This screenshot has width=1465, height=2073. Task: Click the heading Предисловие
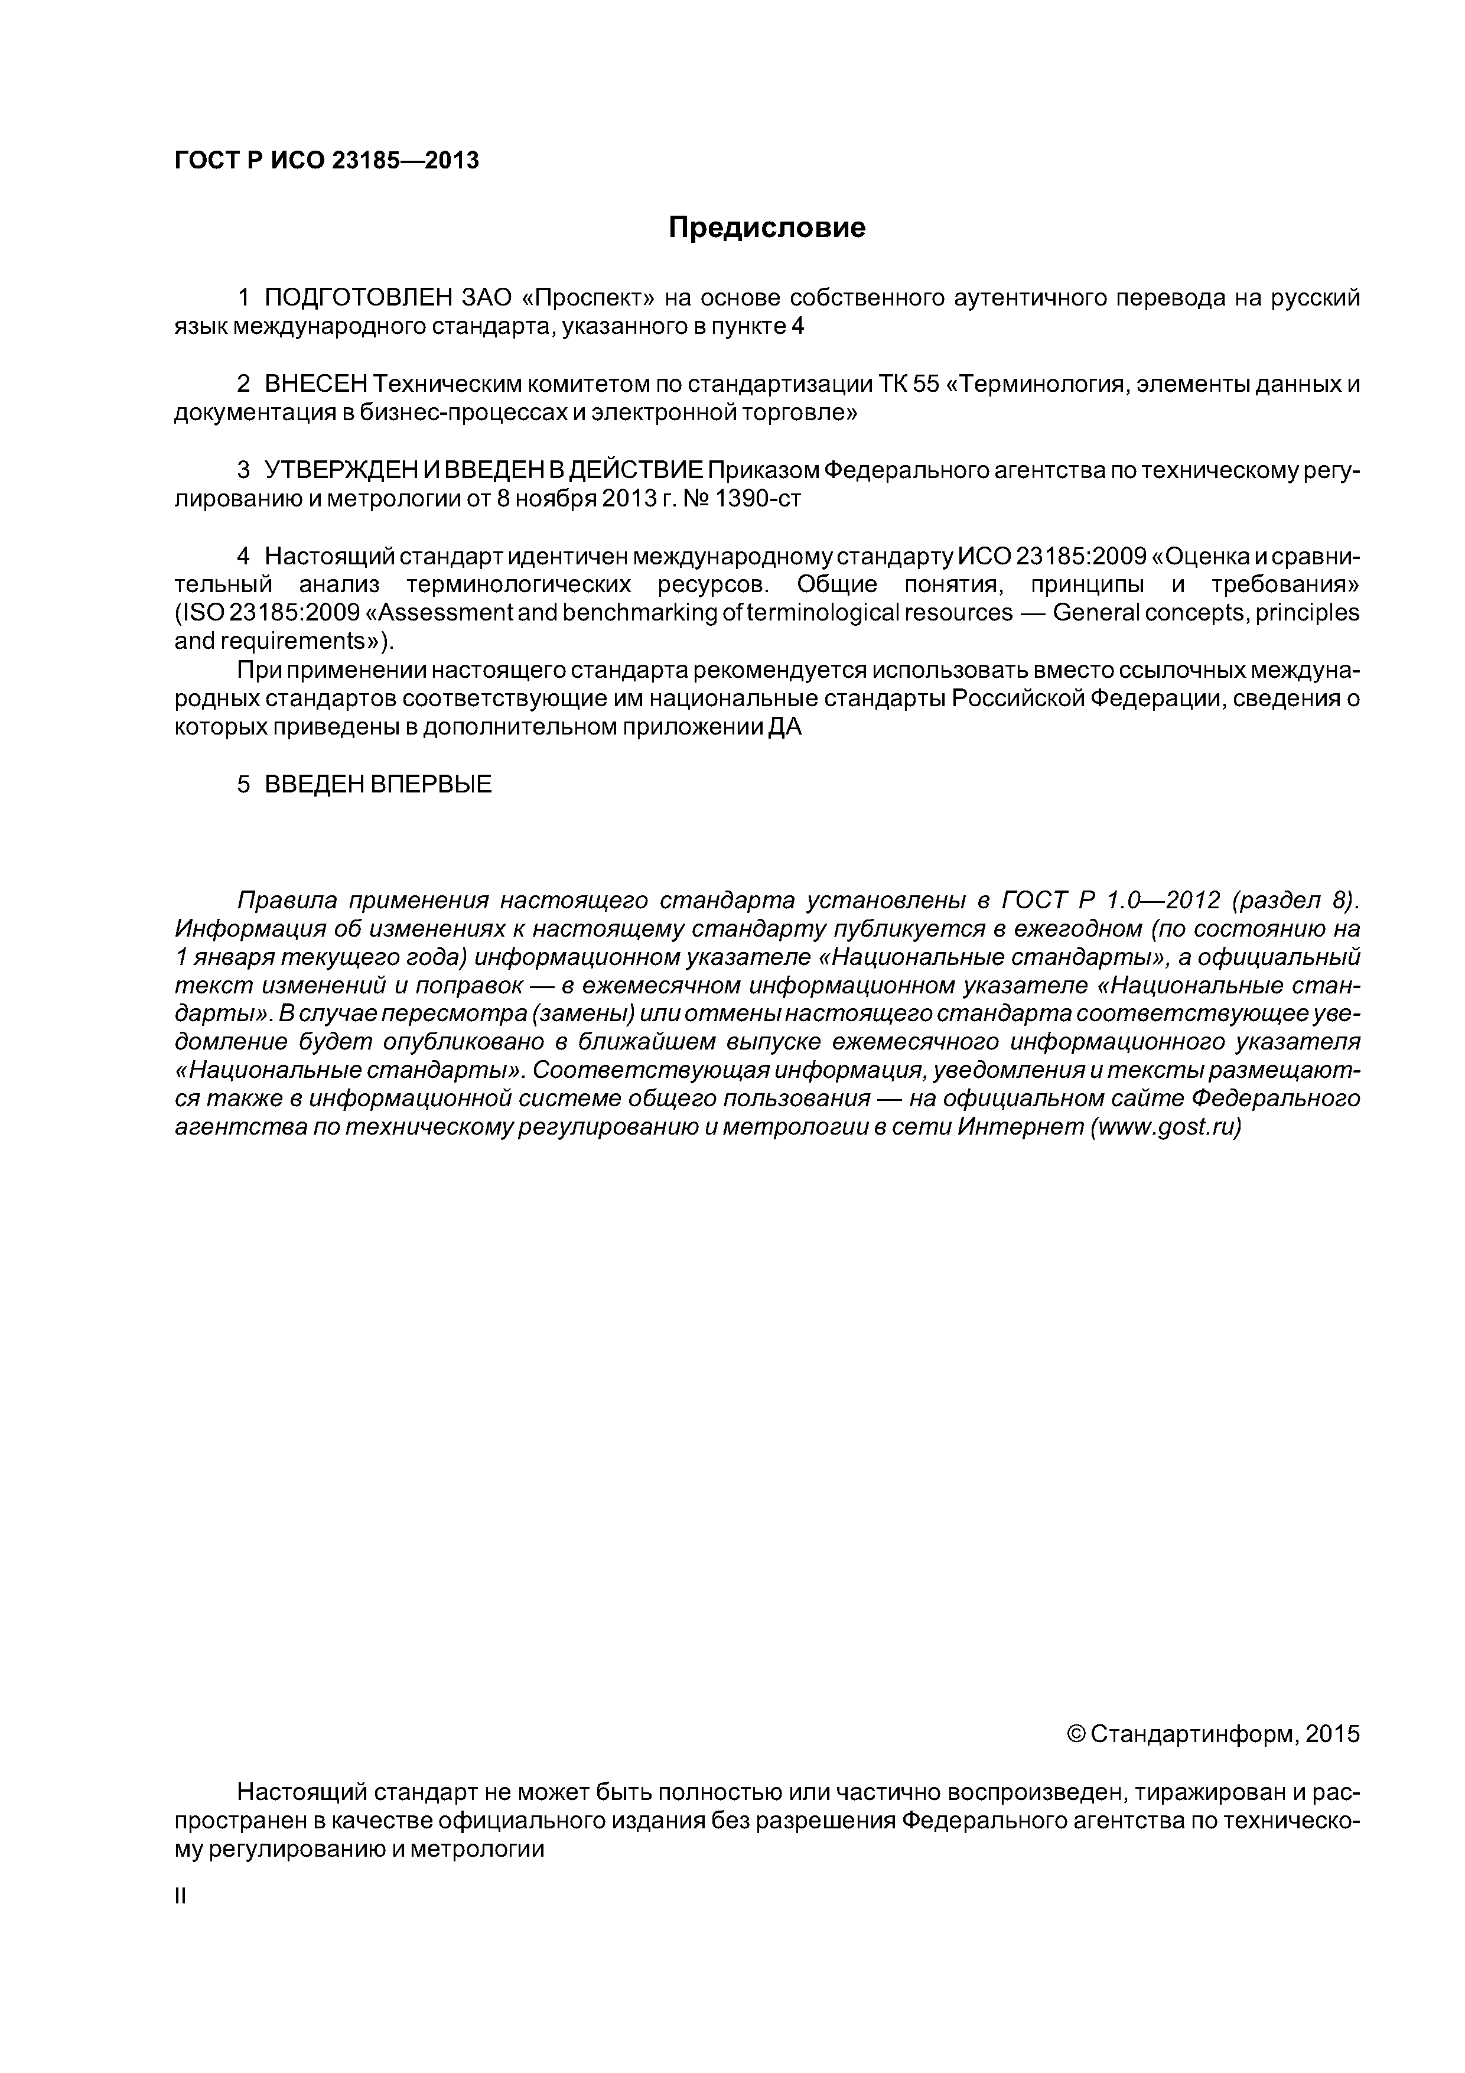click(766, 228)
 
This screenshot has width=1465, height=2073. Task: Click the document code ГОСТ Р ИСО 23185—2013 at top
click(326, 161)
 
